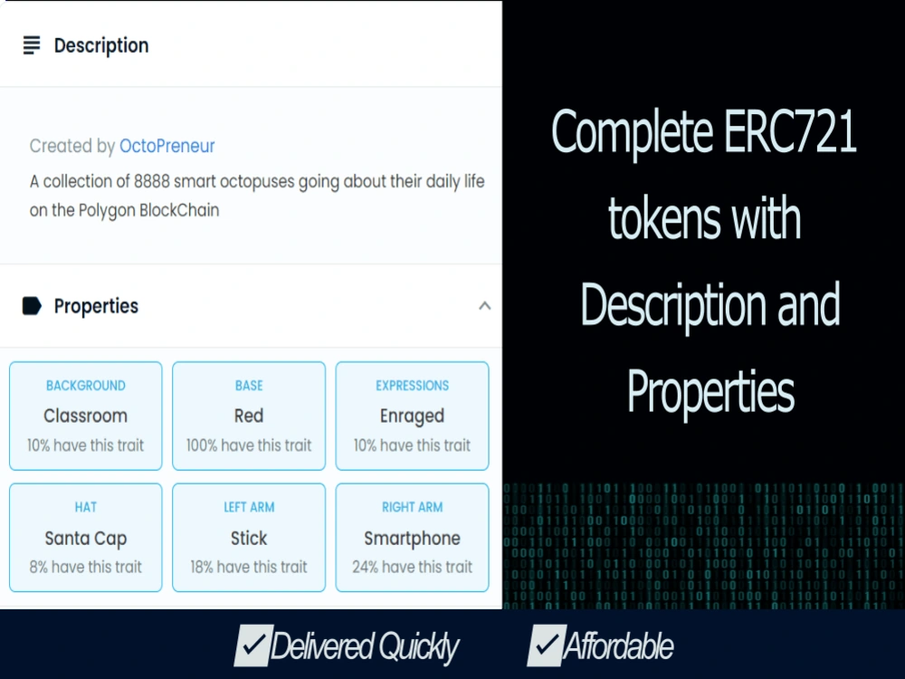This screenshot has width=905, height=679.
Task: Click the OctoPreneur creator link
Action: [167, 146]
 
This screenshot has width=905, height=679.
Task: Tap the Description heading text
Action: [100, 45]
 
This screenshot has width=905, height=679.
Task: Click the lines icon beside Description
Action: [32, 45]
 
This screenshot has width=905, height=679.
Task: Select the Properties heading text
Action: [96, 306]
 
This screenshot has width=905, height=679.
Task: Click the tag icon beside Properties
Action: [32, 306]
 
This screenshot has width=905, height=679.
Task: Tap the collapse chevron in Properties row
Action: [484, 306]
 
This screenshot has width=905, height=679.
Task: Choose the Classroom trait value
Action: [85, 416]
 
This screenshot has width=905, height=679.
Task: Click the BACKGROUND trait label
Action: [85, 386]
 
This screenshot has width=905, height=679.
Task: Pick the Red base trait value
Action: [249, 416]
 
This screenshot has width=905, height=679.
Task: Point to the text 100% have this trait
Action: [249, 445]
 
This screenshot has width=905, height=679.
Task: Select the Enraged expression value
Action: [412, 416]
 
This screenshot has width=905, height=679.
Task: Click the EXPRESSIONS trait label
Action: [412, 386]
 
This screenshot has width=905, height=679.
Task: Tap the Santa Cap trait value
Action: [85, 539]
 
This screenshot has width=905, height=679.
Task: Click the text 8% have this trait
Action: [85, 567]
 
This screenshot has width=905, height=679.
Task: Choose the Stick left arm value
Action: [249, 539]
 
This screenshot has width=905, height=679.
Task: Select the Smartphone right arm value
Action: [412, 539]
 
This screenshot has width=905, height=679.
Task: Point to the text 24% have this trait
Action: [412, 567]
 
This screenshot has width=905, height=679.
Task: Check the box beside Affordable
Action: [546, 645]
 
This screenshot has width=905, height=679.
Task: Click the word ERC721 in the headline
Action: [790, 133]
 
